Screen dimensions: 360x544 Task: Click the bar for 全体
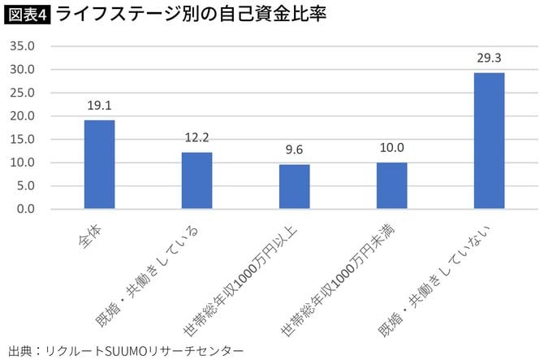tap(99, 164)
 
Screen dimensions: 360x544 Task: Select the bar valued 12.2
tap(196, 180)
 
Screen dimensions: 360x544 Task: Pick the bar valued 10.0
tap(391, 185)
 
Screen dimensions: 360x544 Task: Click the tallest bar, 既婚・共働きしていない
tap(489, 141)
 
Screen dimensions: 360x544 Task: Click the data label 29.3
tap(489, 58)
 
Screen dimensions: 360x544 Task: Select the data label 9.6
tap(294, 150)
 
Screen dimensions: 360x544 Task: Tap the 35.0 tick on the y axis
tap(22, 46)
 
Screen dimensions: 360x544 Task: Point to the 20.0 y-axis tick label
tap(22, 116)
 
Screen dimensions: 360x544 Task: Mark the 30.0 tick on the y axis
tap(22, 70)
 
